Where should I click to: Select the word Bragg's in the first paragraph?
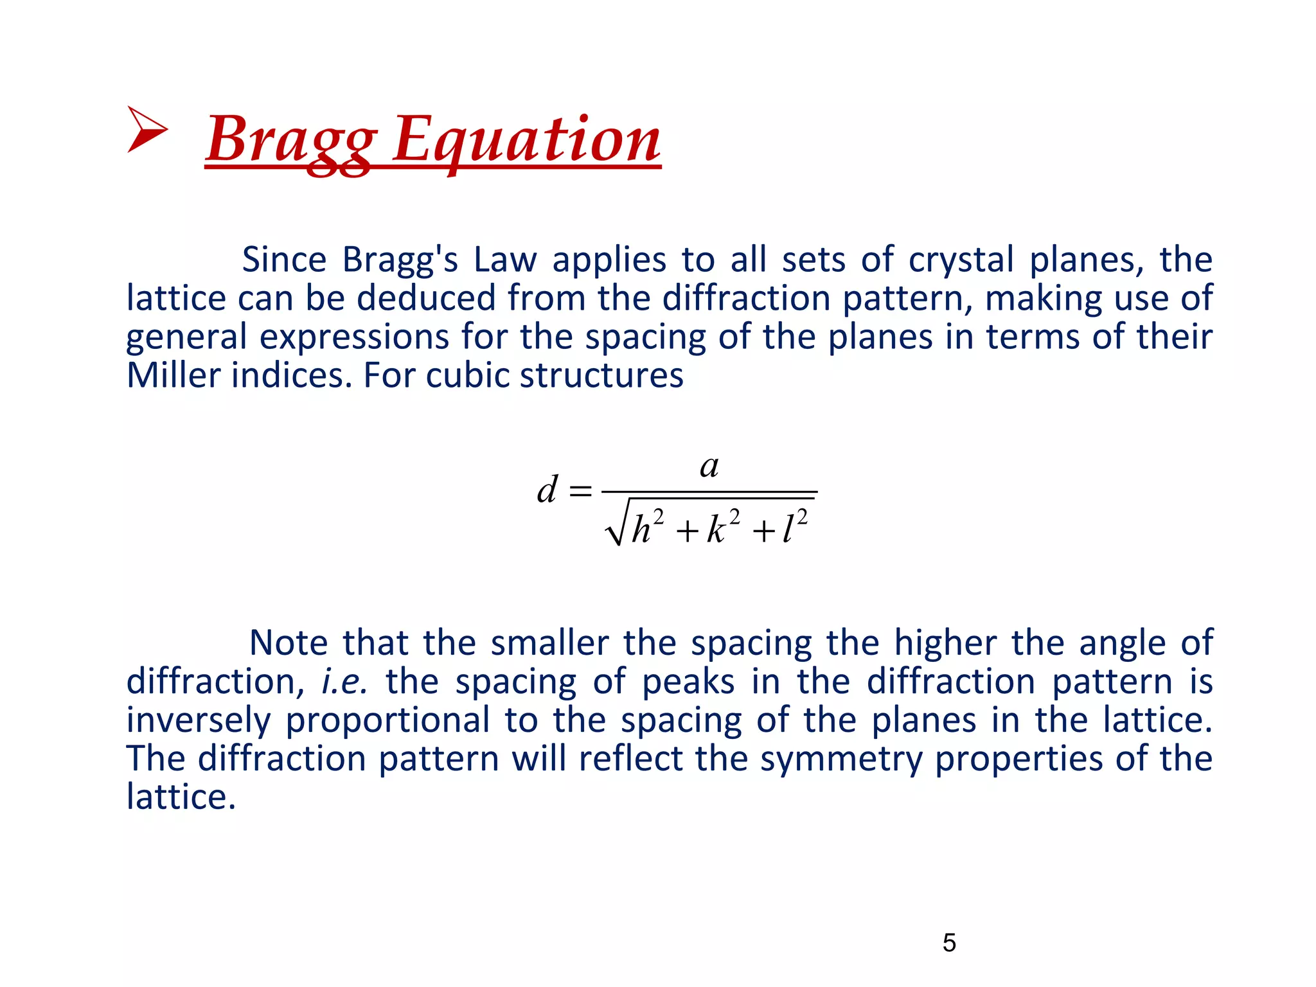tap(400, 260)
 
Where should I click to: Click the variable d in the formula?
tap(547, 490)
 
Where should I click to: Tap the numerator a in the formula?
tap(709, 466)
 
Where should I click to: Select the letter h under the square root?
tap(641, 530)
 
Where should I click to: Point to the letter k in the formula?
tap(716, 530)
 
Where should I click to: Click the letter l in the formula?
tap(788, 530)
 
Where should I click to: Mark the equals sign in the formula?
tap(580, 492)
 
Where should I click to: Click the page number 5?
tap(949, 943)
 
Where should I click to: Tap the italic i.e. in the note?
tap(344, 682)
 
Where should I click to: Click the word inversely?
tap(198, 720)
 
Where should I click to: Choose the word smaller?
tap(549, 643)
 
